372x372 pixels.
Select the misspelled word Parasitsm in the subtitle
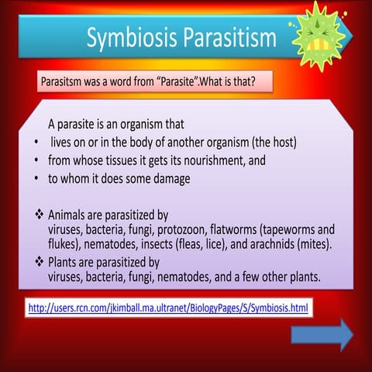pos(63,83)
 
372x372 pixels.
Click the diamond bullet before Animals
pos(40,214)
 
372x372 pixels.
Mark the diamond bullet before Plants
pos(40,262)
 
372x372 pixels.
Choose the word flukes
pos(64,244)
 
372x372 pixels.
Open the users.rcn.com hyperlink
pos(168,308)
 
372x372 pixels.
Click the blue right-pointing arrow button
pos(322,335)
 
